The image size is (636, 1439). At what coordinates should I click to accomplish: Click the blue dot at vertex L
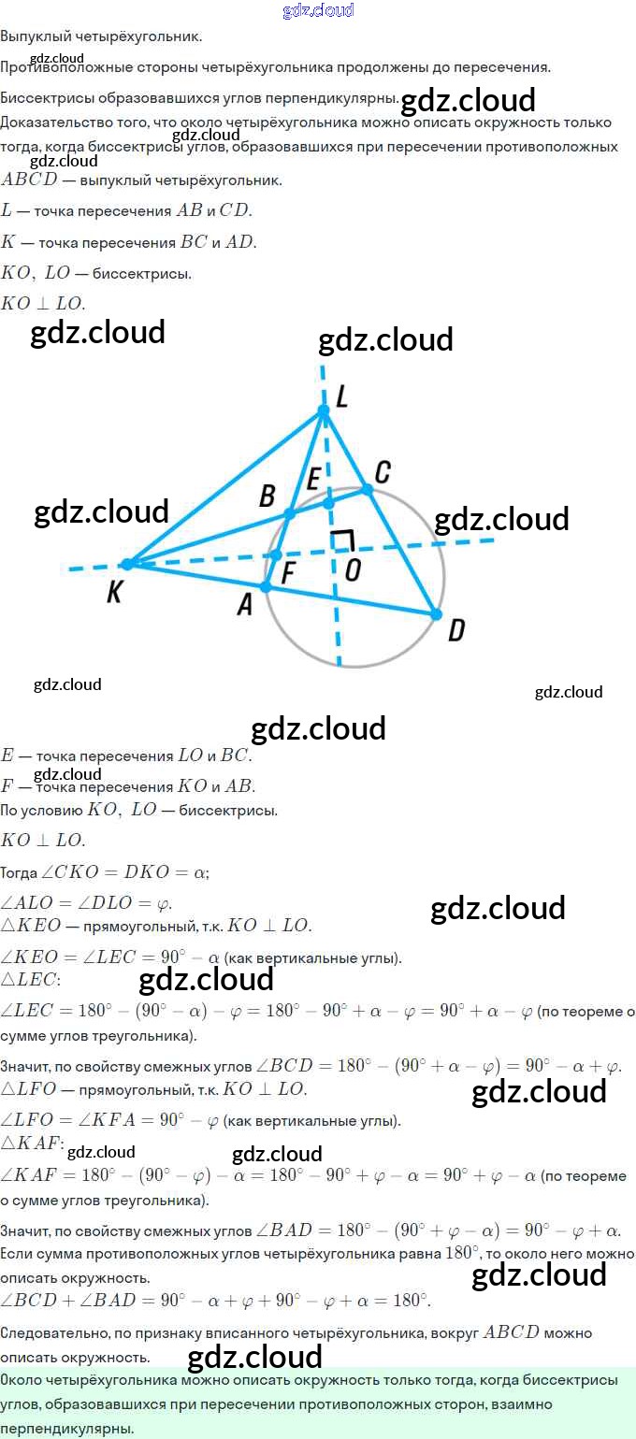(x=324, y=410)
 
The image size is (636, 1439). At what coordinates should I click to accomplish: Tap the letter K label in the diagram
(x=114, y=593)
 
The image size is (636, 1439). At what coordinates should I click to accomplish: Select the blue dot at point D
(x=436, y=614)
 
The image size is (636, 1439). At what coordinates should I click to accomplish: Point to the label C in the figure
(x=382, y=470)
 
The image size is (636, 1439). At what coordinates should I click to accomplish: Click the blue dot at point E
(x=328, y=503)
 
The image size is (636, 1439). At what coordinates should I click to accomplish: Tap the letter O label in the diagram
(x=352, y=569)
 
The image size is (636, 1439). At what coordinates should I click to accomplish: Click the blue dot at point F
(x=277, y=554)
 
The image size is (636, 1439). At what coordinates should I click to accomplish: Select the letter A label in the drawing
(x=245, y=606)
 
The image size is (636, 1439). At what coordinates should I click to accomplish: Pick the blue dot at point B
(x=290, y=513)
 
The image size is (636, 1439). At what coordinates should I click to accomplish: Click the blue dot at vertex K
(x=128, y=564)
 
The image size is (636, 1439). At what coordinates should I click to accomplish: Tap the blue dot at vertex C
(x=368, y=489)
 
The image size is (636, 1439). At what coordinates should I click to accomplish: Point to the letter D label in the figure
(x=456, y=631)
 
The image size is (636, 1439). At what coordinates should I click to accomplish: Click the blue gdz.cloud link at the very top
(x=318, y=10)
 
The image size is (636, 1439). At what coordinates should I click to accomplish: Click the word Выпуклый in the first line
(x=33, y=36)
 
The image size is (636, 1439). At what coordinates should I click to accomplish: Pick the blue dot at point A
(x=266, y=586)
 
